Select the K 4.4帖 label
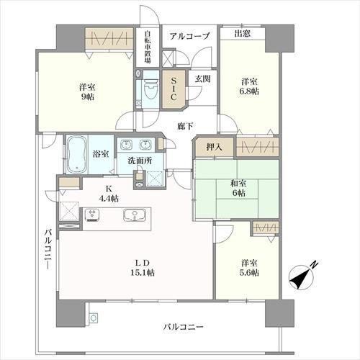tap(108, 192)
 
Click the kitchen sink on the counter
tap(132, 215)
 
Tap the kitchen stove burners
tap(93, 214)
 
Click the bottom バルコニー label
tap(184, 328)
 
